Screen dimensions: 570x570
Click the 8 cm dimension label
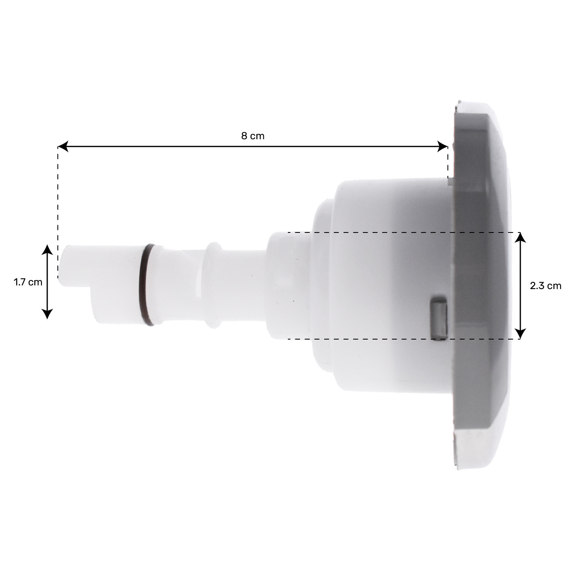pos(252,136)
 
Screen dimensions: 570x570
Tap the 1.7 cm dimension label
pos(28,282)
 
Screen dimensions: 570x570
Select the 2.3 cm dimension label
pos(545,286)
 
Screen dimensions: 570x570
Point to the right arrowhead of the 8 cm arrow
pos(443,147)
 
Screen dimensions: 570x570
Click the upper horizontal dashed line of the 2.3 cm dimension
pos(366,232)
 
